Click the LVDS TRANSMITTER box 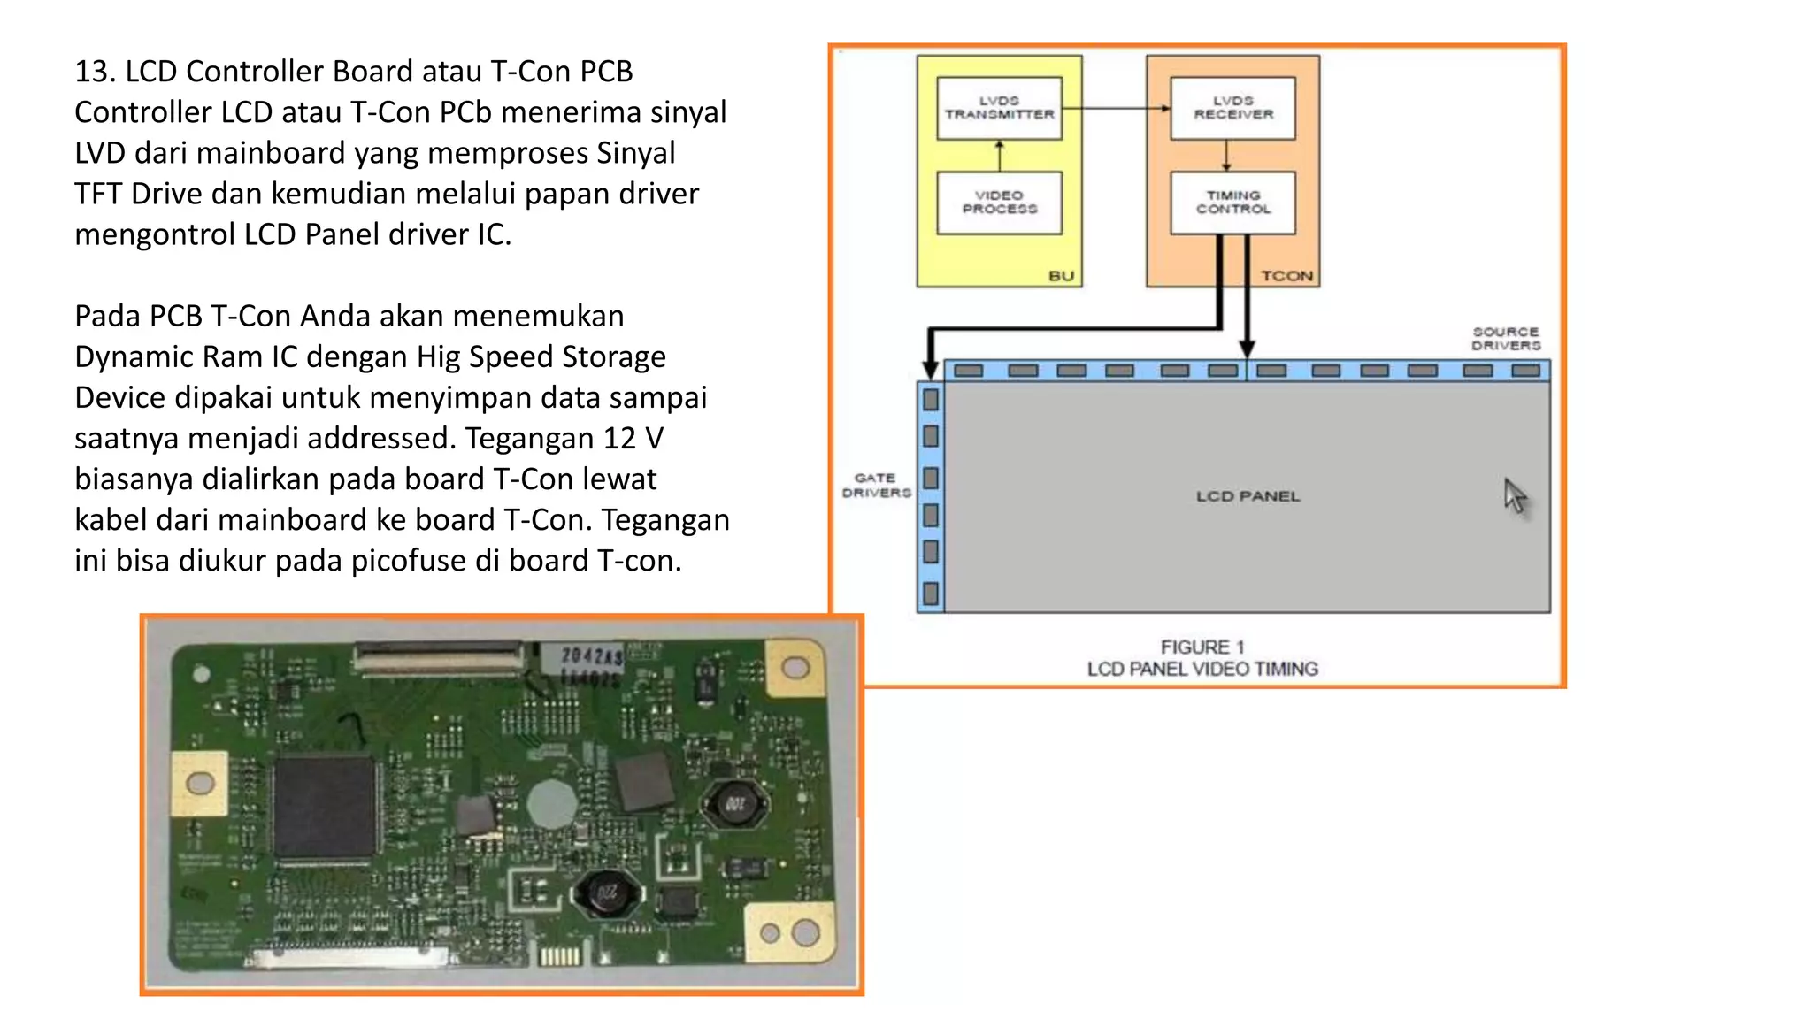click(x=999, y=108)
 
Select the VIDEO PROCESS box click(x=999, y=203)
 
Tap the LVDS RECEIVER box click(x=1232, y=108)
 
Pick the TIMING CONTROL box click(x=1232, y=203)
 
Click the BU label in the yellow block click(x=1061, y=276)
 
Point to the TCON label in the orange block click(x=1286, y=276)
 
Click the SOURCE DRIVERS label click(x=1506, y=338)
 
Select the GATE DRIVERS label click(x=876, y=485)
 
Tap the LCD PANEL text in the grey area click(x=1248, y=496)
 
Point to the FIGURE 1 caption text click(x=1202, y=647)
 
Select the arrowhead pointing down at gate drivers click(x=931, y=368)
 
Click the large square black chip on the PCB click(x=324, y=807)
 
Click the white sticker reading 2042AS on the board click(x=590, y=656)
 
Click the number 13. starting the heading click(x=96, y=72)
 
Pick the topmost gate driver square click(x=931, y=400)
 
